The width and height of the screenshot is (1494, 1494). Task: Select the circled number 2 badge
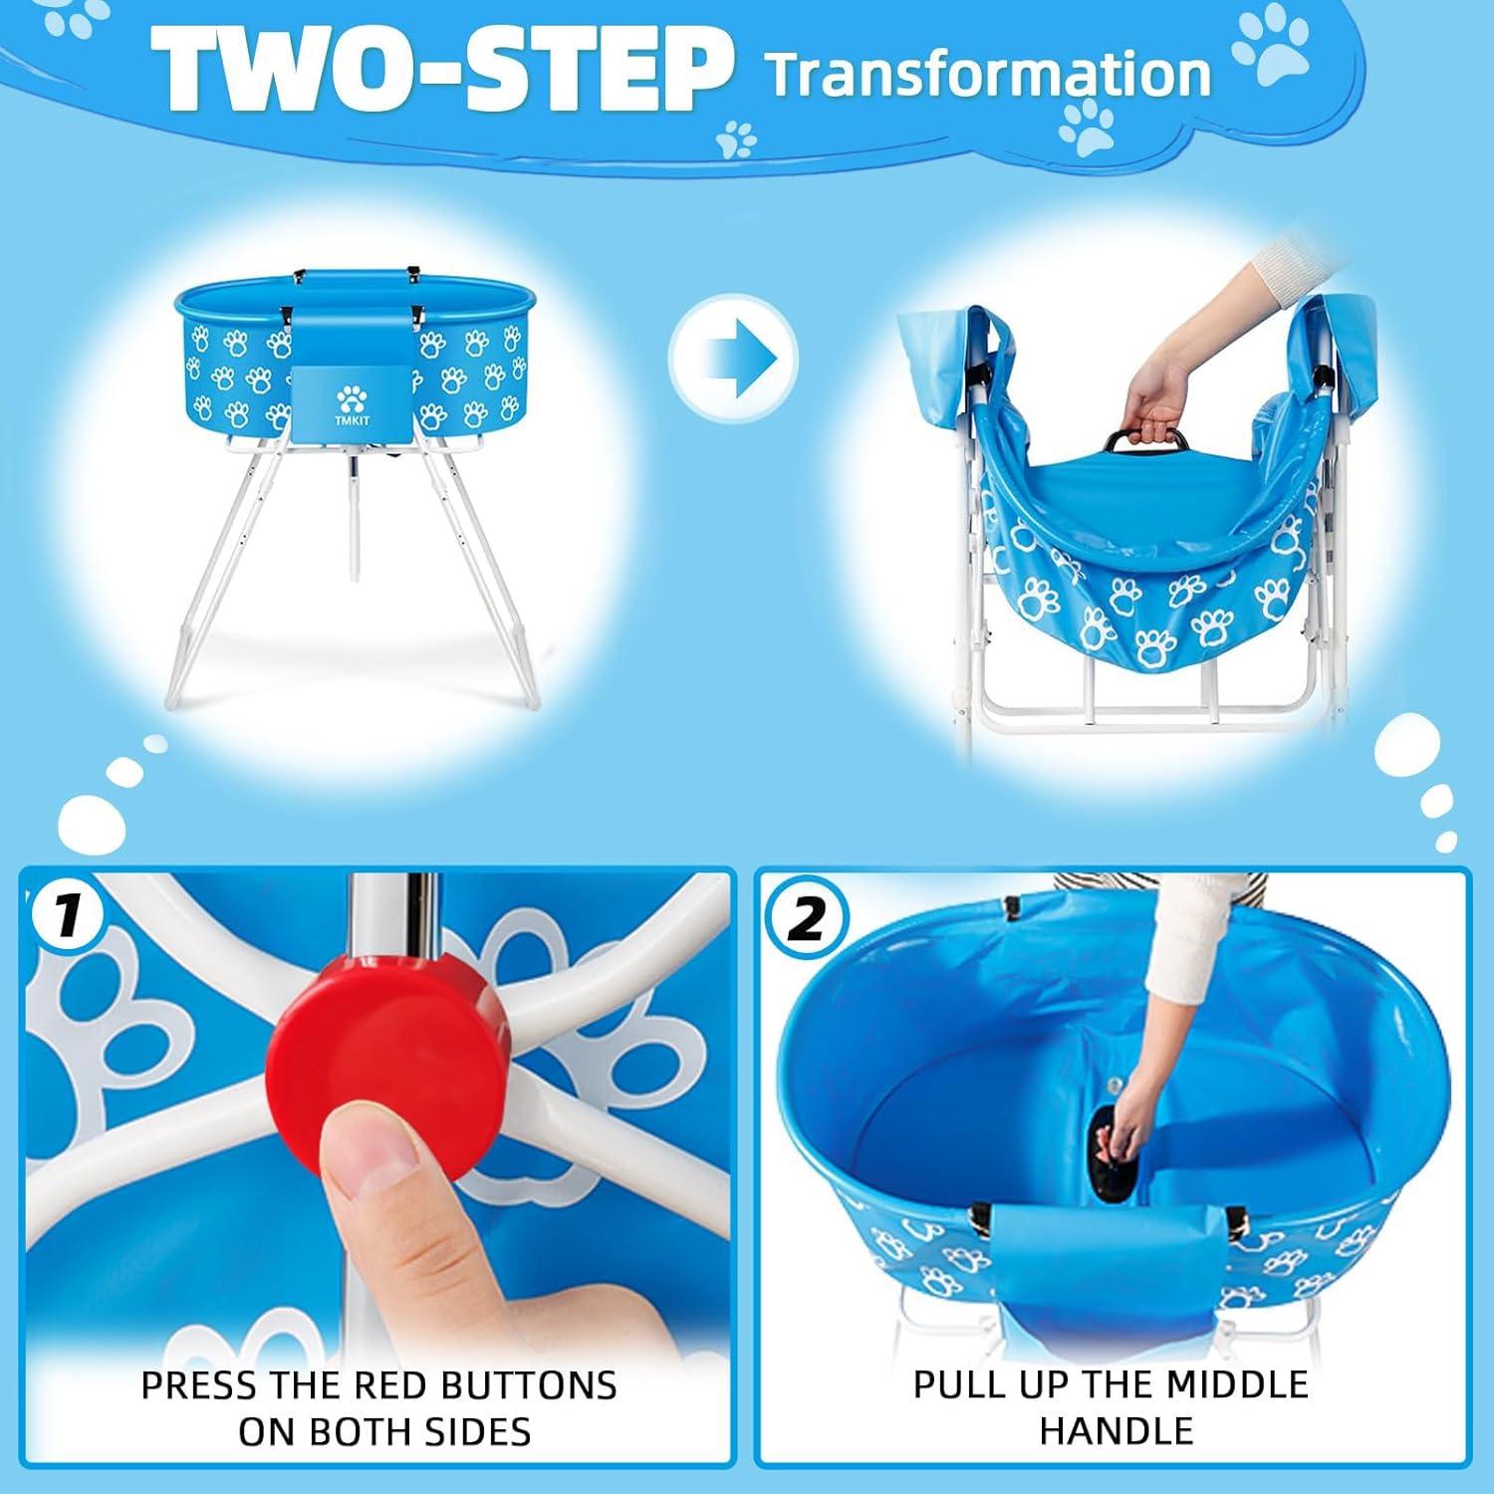(x=804, y=919)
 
